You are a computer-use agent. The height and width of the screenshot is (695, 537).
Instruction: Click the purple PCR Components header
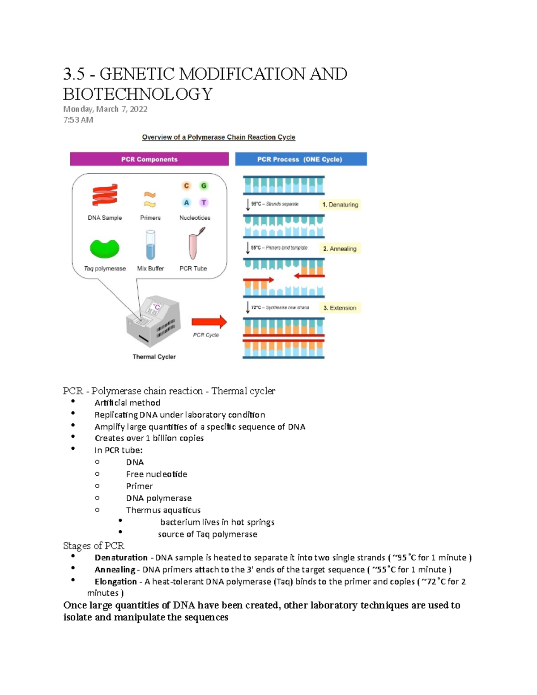click(x=149, y=159)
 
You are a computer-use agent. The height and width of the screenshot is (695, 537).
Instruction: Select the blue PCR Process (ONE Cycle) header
click(x=301, y=159)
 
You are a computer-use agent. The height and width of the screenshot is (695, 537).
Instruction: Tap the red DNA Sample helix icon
click(x=105, y=195)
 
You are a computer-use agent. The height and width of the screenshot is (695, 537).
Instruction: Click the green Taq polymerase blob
click(x=105, y=248)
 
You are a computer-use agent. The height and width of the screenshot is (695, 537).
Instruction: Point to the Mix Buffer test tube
click(x=151, y=245)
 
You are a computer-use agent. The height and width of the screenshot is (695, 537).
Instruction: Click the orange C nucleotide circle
click(x=187, y=186)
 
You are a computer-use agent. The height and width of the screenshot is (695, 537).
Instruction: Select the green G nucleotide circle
click(x=204, y=186)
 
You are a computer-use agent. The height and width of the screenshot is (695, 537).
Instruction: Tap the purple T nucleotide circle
click(x=204, y=203)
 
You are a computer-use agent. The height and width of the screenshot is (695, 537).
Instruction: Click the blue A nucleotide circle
click(x=187, y=203)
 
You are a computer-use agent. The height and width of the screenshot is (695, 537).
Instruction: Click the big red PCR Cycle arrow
click(x=209, y=322)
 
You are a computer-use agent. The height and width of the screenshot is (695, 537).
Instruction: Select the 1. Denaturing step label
click(x=340, y=205)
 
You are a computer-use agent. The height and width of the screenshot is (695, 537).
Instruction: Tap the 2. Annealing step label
click(x=340, y=248)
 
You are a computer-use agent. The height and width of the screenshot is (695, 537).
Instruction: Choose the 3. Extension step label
click(x=340, y=308)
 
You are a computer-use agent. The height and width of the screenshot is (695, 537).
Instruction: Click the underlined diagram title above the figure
click(x=218, y=137)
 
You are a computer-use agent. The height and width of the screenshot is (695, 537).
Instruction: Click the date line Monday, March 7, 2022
click(x=105, y=109)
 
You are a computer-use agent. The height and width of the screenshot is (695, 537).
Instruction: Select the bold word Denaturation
click(x=121, y=558)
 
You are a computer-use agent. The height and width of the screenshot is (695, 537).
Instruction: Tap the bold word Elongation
click(x=115, y=582)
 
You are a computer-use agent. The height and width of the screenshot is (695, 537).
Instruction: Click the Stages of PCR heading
click(x=94, y=546)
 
